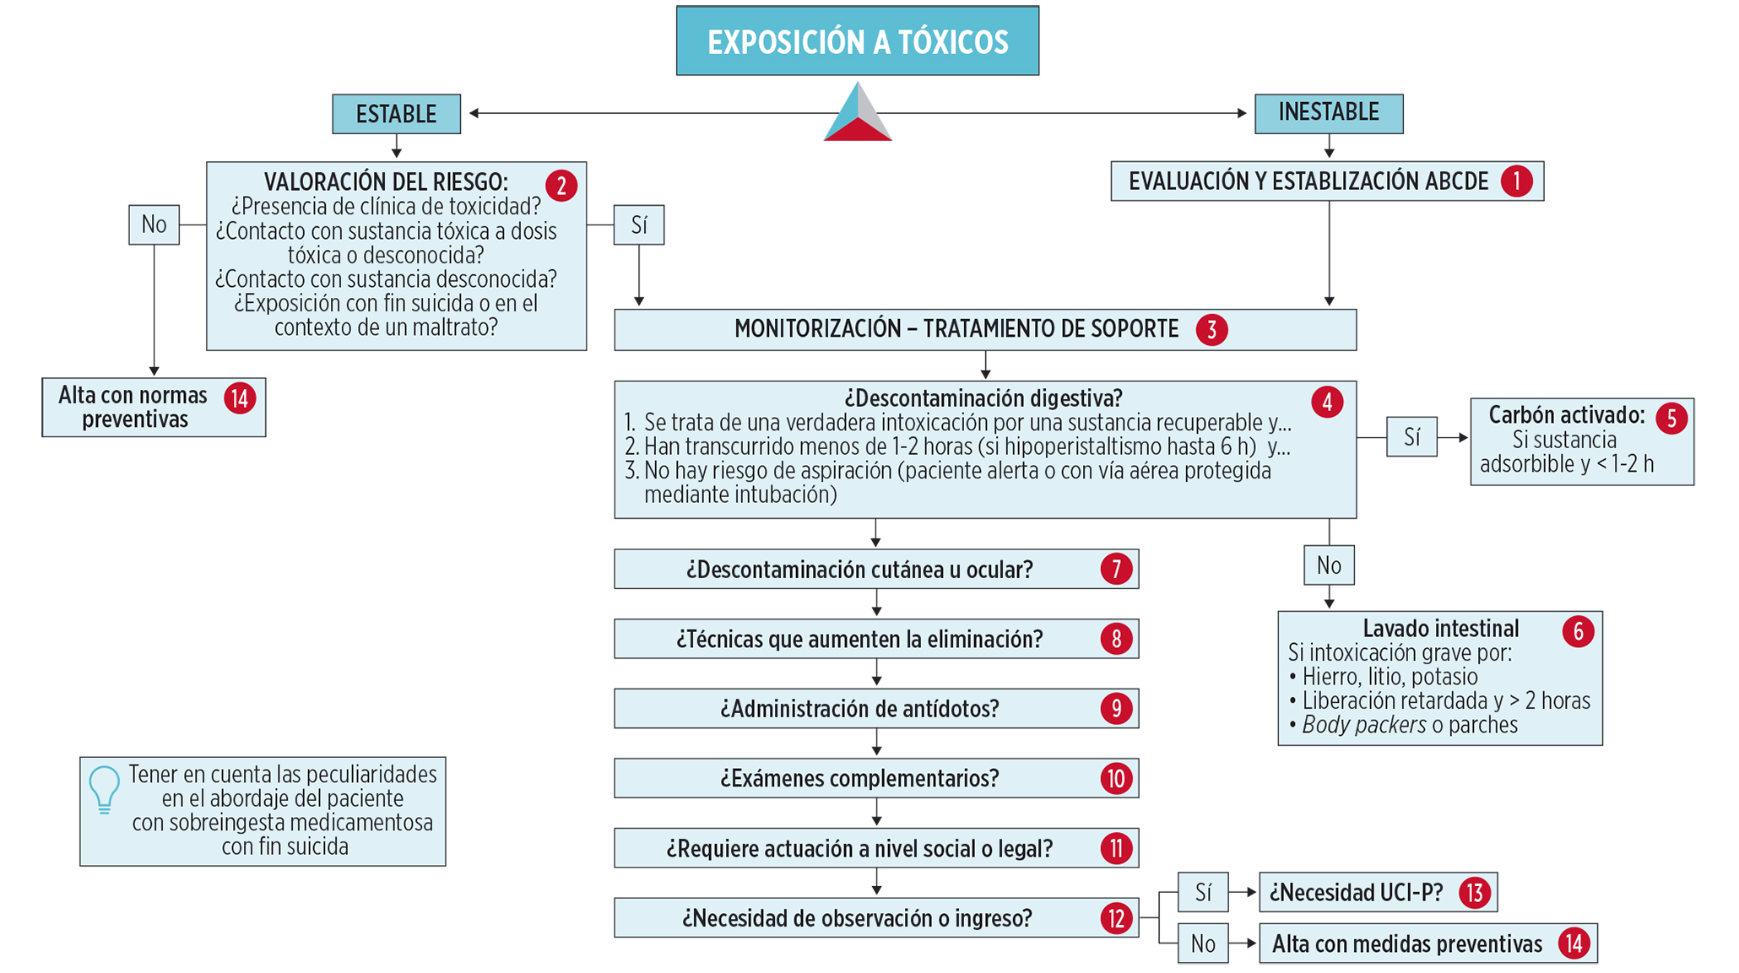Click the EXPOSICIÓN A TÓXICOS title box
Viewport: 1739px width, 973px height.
coord(857,41)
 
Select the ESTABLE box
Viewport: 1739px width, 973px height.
coord(396,114)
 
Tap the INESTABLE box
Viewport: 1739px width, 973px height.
coord(1328,113)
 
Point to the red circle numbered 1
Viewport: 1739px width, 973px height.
coord(1516,181)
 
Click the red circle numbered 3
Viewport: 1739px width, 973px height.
coord(1211,329)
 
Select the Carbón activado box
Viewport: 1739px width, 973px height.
coord(1581,441)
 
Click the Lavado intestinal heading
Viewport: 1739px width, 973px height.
coord(1440,629)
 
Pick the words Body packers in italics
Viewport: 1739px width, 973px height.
coord(1363,725)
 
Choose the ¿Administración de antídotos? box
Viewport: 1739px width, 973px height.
coord(875,709)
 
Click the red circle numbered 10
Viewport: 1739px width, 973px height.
coord(1116,778)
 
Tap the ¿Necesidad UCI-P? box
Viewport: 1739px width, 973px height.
coord(1377,892)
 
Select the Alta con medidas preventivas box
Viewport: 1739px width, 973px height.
coord(1427,943)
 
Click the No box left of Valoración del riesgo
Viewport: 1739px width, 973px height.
coord(154,224)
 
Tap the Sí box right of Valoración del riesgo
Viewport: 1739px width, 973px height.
coord(638,225)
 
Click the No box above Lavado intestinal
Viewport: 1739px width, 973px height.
coord(1329,565)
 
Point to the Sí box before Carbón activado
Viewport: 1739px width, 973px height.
coord(1411,437)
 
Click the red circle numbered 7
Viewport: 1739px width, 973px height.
coord(1116,570)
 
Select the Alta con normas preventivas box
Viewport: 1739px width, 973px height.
coord(154,408)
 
